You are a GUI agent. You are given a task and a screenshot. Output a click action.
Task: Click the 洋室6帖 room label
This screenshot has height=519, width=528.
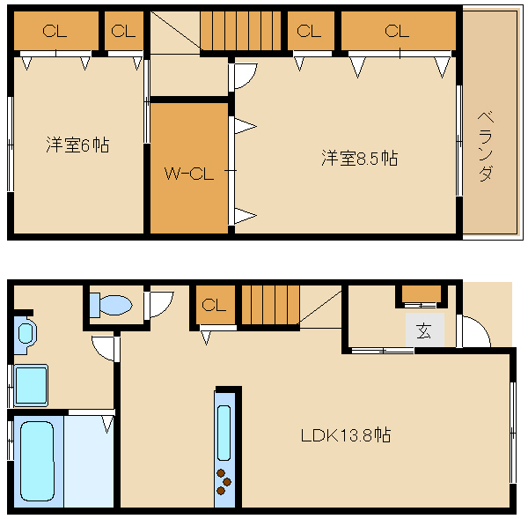click(x=77, y=145)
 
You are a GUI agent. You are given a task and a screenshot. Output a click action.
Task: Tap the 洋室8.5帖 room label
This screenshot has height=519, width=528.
click(x=358, y=159)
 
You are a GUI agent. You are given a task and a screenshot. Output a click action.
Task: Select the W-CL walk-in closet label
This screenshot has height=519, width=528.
click(x=188, y=174)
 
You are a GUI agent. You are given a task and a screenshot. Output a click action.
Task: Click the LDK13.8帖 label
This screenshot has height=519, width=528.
click(x=345, y=434)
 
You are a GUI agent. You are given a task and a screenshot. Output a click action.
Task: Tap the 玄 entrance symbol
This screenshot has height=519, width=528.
click(x=424, y=331)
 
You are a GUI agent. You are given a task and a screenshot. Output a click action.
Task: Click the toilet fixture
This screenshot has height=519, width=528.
click(x=111, y=306)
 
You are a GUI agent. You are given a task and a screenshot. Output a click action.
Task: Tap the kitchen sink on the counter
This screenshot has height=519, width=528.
click(x=224, y=432)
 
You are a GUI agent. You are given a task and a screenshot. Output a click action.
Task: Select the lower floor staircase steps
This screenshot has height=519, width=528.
click(x=270, y=306)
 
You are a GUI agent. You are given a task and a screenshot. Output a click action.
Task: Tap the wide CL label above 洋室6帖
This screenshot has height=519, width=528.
click(x=55, y=32)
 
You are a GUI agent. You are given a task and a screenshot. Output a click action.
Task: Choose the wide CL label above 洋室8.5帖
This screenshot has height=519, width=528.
click(x=397, y=32)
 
